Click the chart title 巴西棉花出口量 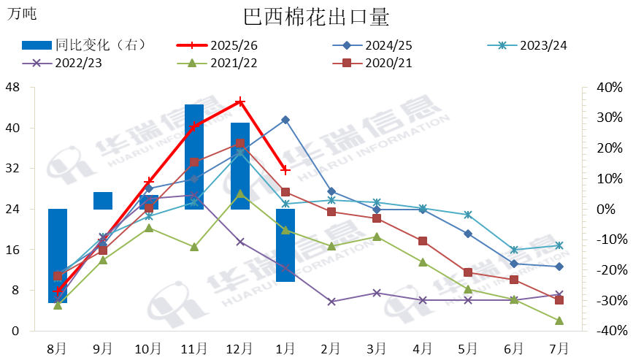click(316, 16)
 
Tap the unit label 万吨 click(22, 13)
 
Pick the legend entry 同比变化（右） click(84, 45)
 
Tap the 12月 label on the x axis click(240, 347)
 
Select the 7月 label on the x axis click(559, 347)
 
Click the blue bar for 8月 click(58, 256)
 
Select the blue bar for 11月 click(194, 157)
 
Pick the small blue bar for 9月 click(103, 201)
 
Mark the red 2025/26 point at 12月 click(240, 102)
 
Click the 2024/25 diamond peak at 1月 click(285, 120)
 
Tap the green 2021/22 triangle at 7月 click(559, 321)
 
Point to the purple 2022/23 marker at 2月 click(331, 302)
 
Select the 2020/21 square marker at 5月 click(468, 272)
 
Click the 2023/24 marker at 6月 click(514, 250)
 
